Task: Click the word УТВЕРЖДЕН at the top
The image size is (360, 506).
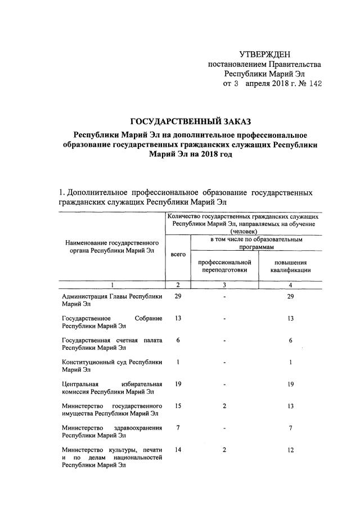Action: (x=265, y=55)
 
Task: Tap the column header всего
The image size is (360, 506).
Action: (x=177, y=255)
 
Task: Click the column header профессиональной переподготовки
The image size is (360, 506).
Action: (x=224, y=265)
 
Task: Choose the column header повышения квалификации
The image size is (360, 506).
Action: (x=290, y=265)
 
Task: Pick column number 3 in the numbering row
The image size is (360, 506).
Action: (x=224, y=284)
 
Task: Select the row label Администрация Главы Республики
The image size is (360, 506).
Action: (x=112, y=296)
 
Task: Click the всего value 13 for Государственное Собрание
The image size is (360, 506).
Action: (x=177, y=318)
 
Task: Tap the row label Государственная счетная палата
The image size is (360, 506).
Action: (x=112, y=340)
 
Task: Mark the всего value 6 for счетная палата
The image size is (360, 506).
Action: (x=177, y=340)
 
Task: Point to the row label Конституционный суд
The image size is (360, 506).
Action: (x=112, y=362)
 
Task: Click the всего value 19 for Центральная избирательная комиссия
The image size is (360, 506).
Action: (x=177, y=384)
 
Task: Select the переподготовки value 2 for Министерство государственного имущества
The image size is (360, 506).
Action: (x=224, y=406)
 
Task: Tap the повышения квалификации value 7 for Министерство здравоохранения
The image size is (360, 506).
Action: (x=290, y=428)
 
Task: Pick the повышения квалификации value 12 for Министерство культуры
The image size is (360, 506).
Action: (x=290, y=450)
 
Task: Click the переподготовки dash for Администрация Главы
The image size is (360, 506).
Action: (x=224, y=297)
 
